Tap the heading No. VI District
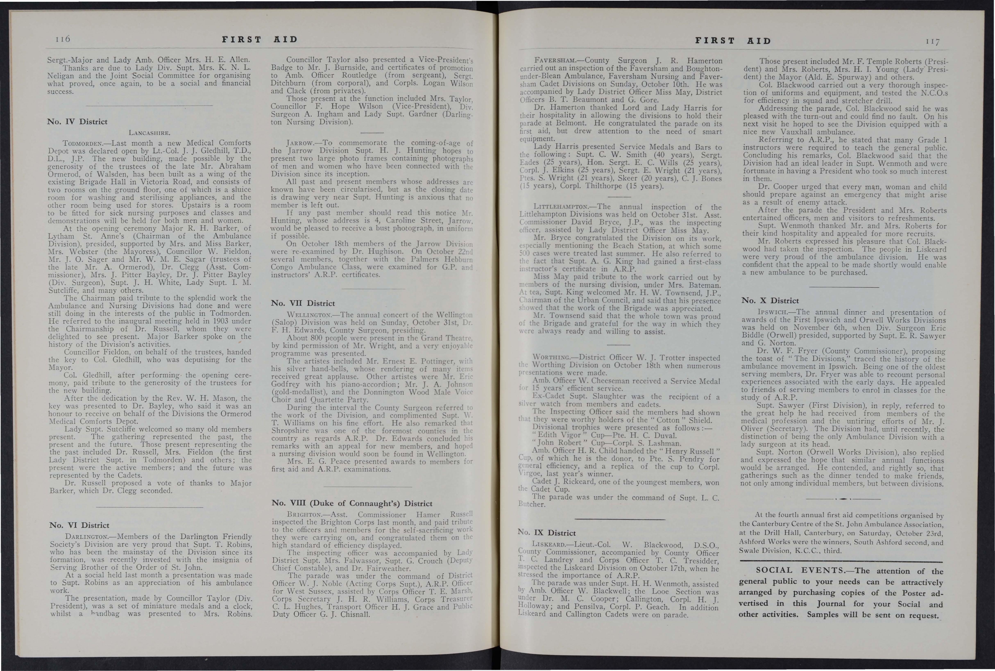coord(79,525)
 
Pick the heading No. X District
coord(770,300)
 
